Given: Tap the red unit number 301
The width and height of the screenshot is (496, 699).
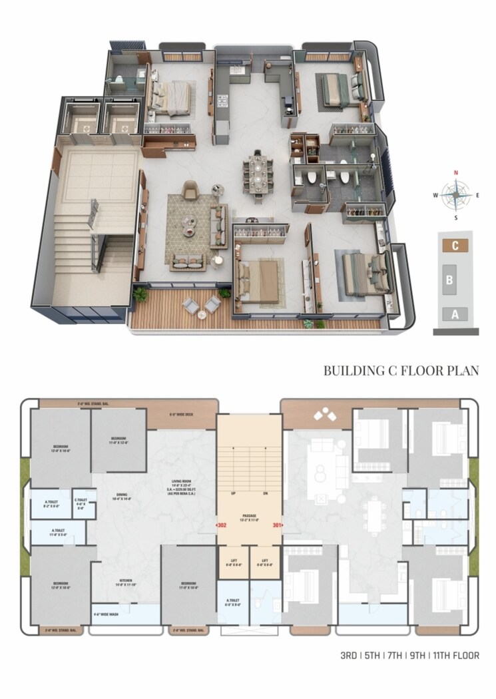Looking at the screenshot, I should pos(277,525).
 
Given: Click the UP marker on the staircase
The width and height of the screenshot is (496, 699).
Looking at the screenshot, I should pos(234,494).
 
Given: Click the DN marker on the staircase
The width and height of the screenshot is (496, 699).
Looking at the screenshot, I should pos(264,494).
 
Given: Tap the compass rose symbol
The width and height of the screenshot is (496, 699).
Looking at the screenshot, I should pos(456,195).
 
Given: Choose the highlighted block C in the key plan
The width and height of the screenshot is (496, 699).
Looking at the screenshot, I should pos(455,245).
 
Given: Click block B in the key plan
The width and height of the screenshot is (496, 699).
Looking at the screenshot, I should pos(449,280).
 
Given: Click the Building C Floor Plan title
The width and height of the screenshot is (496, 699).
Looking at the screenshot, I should pos(401,370).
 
